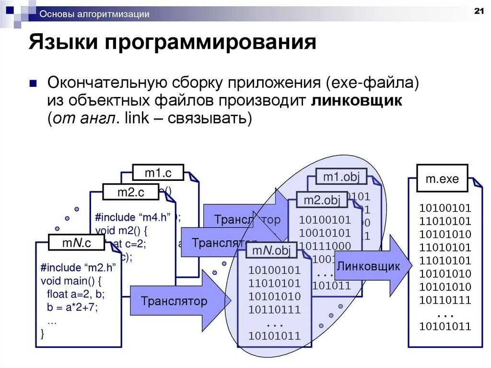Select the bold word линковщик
click(357, 102)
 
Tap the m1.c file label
click(158, 173)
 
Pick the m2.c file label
click(130, 192)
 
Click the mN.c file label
click(77, 243)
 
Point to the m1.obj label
click(341, 177)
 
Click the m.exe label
click(442, 179)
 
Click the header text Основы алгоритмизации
click(94, 14)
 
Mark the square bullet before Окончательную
click(33, 83)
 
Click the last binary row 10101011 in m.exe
click(445, 327)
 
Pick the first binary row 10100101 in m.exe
click(445, 209)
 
